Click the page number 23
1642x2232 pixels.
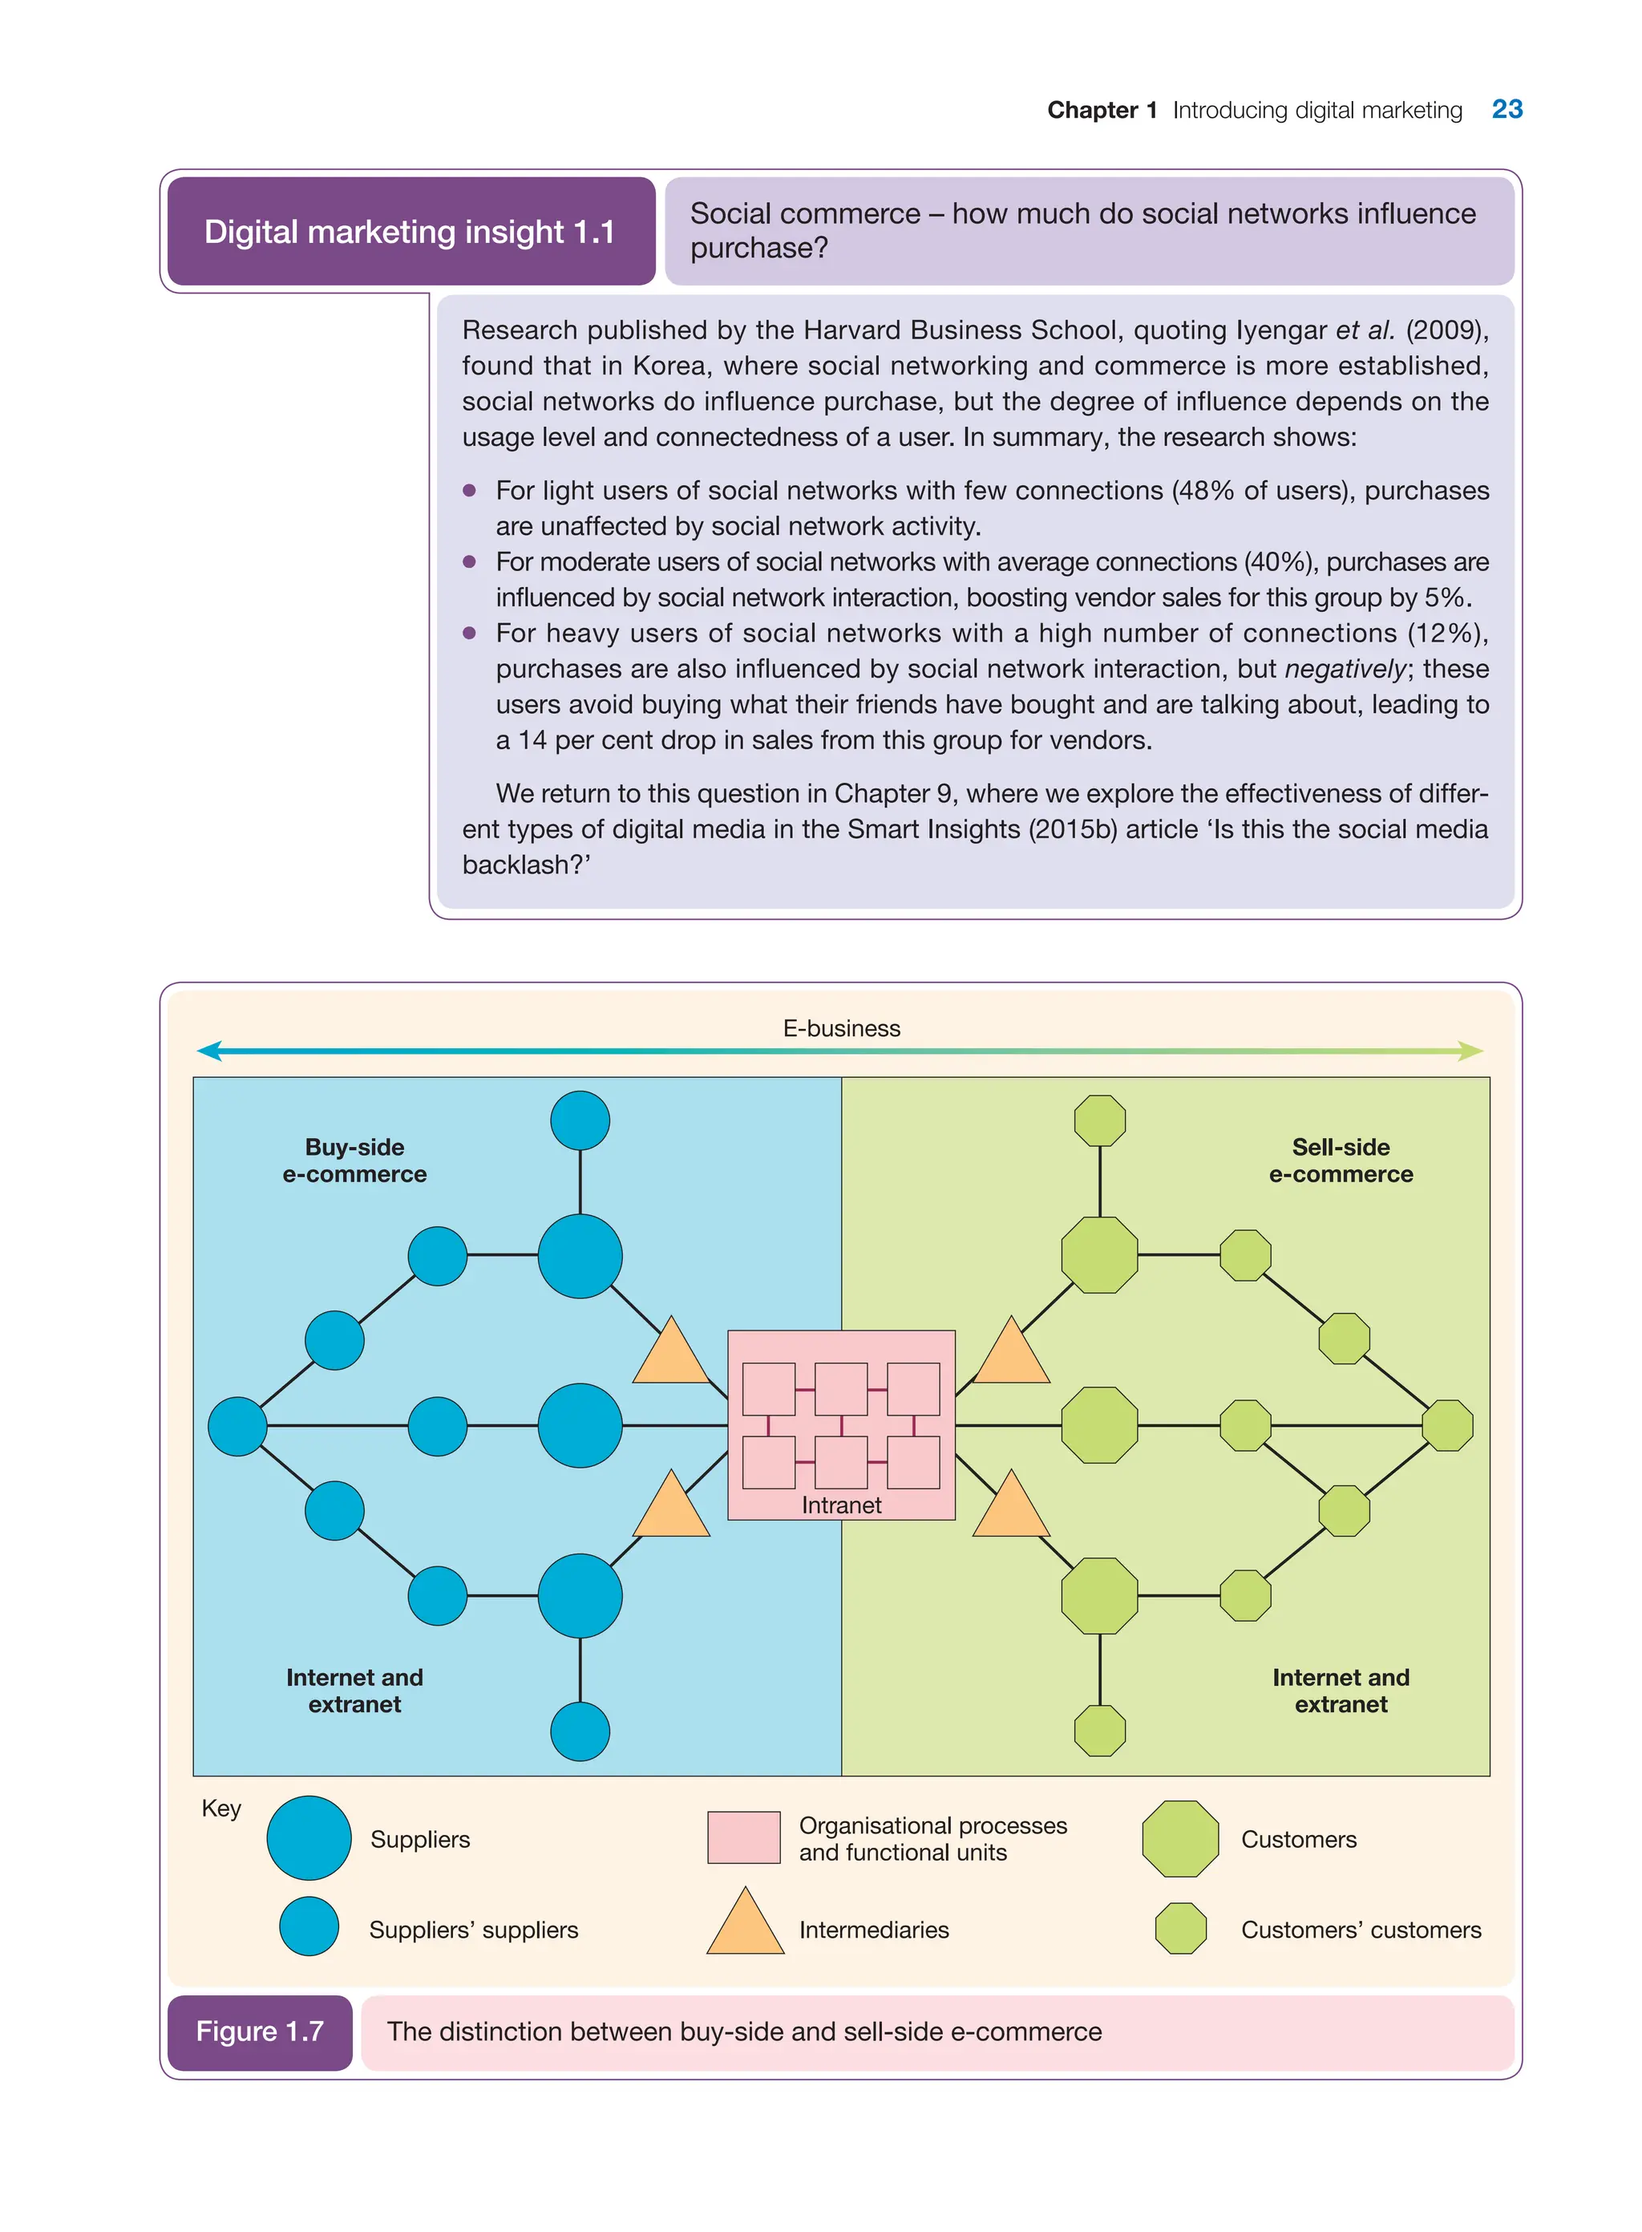tap(1506, 109)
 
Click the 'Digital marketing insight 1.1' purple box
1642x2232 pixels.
tap(410, 232)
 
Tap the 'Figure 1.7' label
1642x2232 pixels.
tap(260, 2031)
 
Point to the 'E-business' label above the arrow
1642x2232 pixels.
tap(841, 1028)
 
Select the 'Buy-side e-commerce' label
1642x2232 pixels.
tap(355, 1161)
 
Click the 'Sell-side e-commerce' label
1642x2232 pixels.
tap(1340, 1161)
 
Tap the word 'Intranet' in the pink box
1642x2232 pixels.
tap(841, 1505)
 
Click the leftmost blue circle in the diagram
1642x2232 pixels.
tap(237, 1426)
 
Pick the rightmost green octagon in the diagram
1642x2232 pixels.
tap(1447, 1426)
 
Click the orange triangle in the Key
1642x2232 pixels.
tap(746, 1925)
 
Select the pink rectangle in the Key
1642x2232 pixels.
tap(743, 1837)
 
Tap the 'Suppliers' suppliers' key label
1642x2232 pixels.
tap(473, 1930)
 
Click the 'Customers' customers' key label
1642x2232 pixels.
tap(1361, 1930)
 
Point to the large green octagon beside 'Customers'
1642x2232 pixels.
tap(1180, 1838)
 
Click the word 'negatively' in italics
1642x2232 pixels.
tap(1345, 669)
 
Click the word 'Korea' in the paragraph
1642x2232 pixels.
tap(670, 366)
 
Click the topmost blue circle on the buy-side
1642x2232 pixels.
tap(580, 1120)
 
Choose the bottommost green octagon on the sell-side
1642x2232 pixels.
tap(1099, 1731)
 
